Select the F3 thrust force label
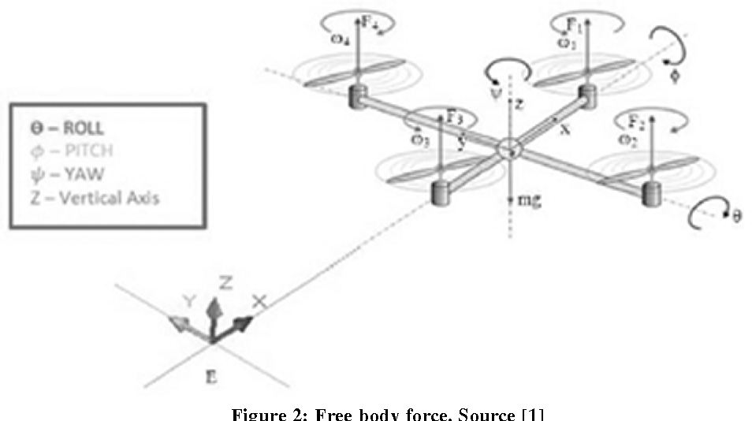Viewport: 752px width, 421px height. [x=454, y=117]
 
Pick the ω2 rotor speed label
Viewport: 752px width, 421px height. [x=627, y=140]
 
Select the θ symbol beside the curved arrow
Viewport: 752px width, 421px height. [x=738, y=215]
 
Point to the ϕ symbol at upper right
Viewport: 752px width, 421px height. [x=672, y=77]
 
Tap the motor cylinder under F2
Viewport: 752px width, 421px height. [x=652, y=193]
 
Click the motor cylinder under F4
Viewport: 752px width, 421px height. [x=359, y=98]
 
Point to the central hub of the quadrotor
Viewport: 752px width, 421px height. [x=509, y=147]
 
